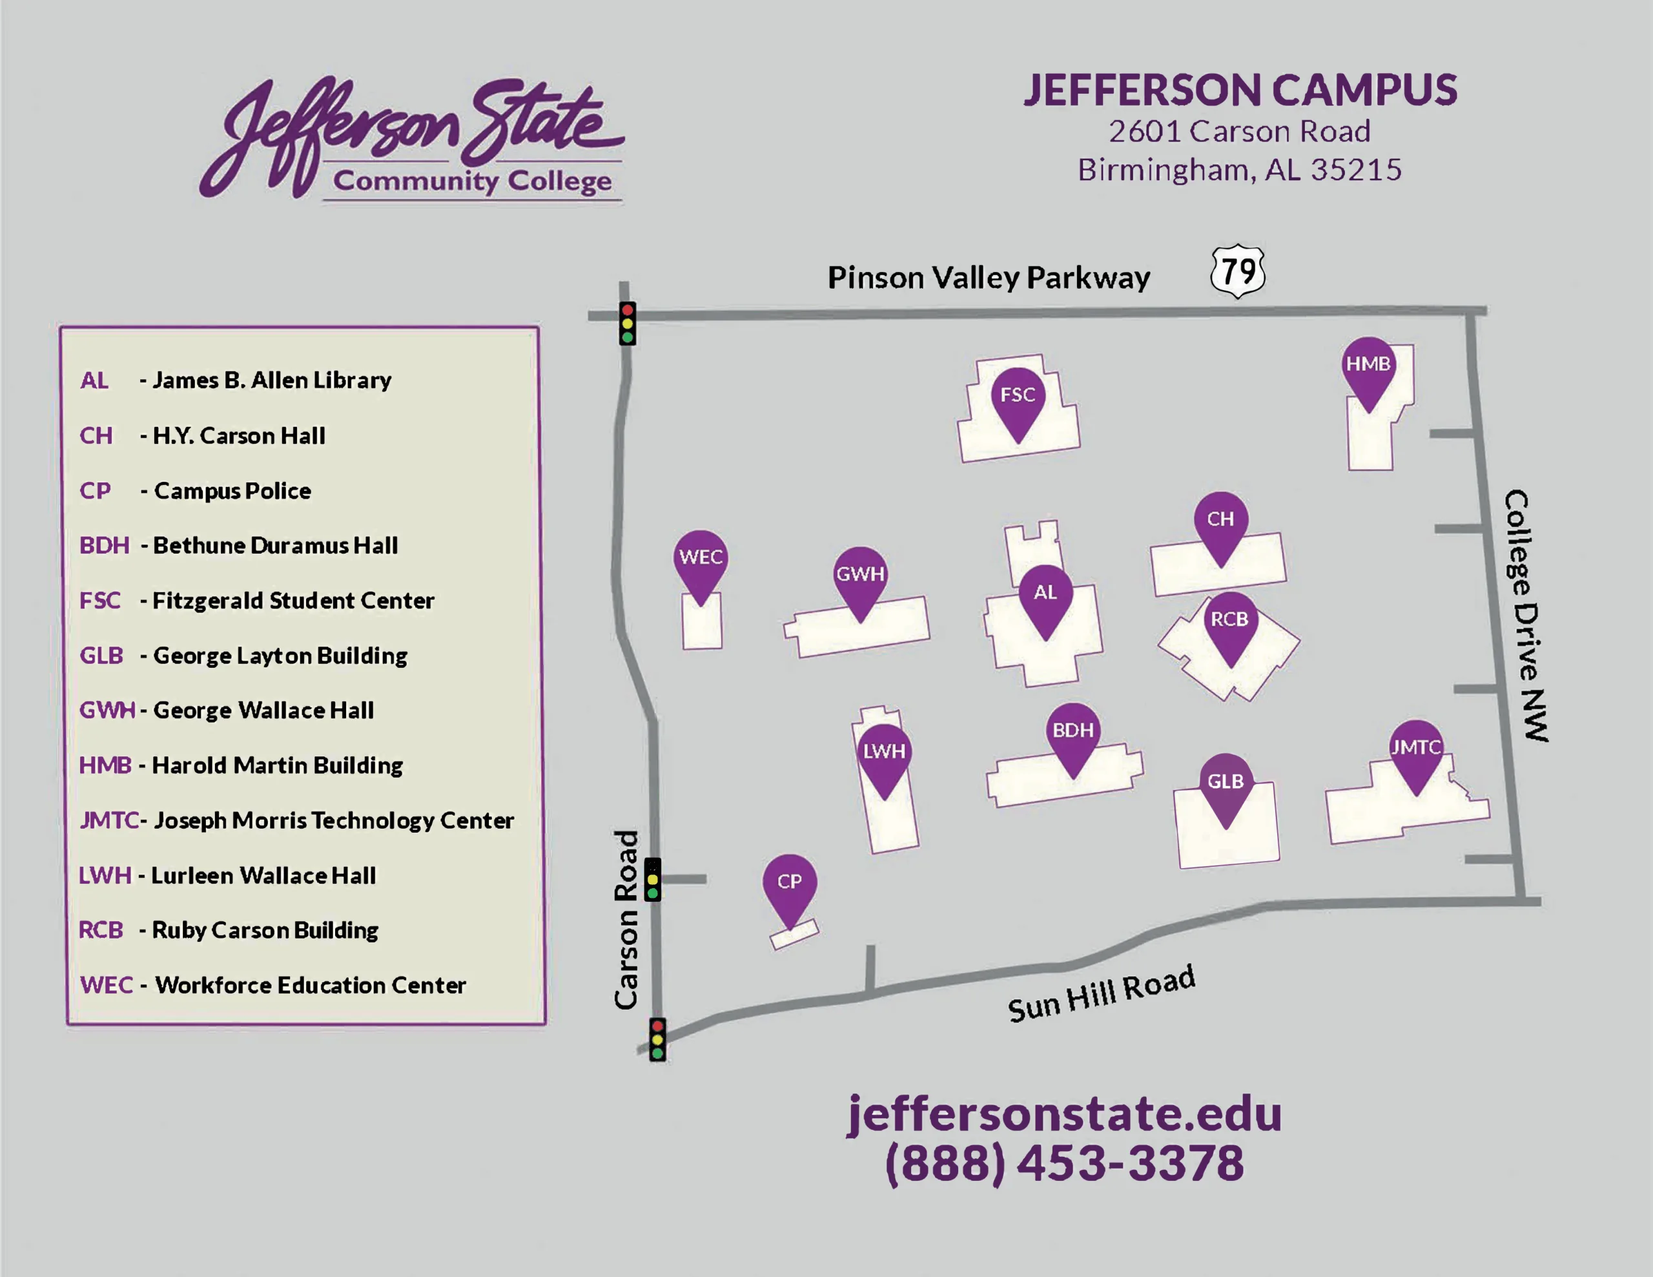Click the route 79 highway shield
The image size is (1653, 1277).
[1238, 271]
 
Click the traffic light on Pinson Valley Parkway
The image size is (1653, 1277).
[628, 324]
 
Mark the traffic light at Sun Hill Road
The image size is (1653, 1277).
[658, 1039]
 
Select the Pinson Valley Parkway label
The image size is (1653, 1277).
[989, 278]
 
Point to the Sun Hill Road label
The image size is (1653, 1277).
[1101, 995]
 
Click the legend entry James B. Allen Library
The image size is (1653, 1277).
[271, 380]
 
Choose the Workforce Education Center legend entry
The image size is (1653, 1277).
[309, 985]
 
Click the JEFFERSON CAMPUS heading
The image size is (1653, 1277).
[1240, 90]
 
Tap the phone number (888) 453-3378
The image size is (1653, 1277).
[1064, 1163]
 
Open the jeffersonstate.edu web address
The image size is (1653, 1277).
[1064, 1114]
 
